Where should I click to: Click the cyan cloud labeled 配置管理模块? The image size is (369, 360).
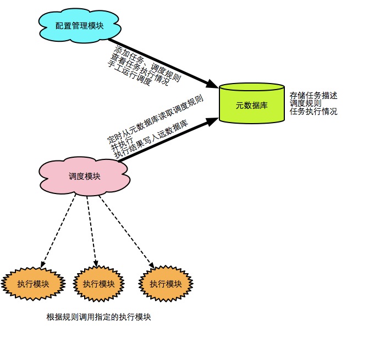79,25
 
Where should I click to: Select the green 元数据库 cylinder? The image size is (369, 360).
251,104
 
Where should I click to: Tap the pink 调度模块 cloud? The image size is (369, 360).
84,176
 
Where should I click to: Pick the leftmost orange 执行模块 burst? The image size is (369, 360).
33,284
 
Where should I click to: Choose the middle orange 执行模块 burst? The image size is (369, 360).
99,284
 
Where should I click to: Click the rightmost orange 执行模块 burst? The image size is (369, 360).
166,284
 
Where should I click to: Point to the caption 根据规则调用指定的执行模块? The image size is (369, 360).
98,318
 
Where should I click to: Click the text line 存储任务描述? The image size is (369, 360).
313,95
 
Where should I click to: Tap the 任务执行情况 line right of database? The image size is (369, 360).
313,112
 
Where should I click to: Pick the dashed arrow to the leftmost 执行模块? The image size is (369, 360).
58,231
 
